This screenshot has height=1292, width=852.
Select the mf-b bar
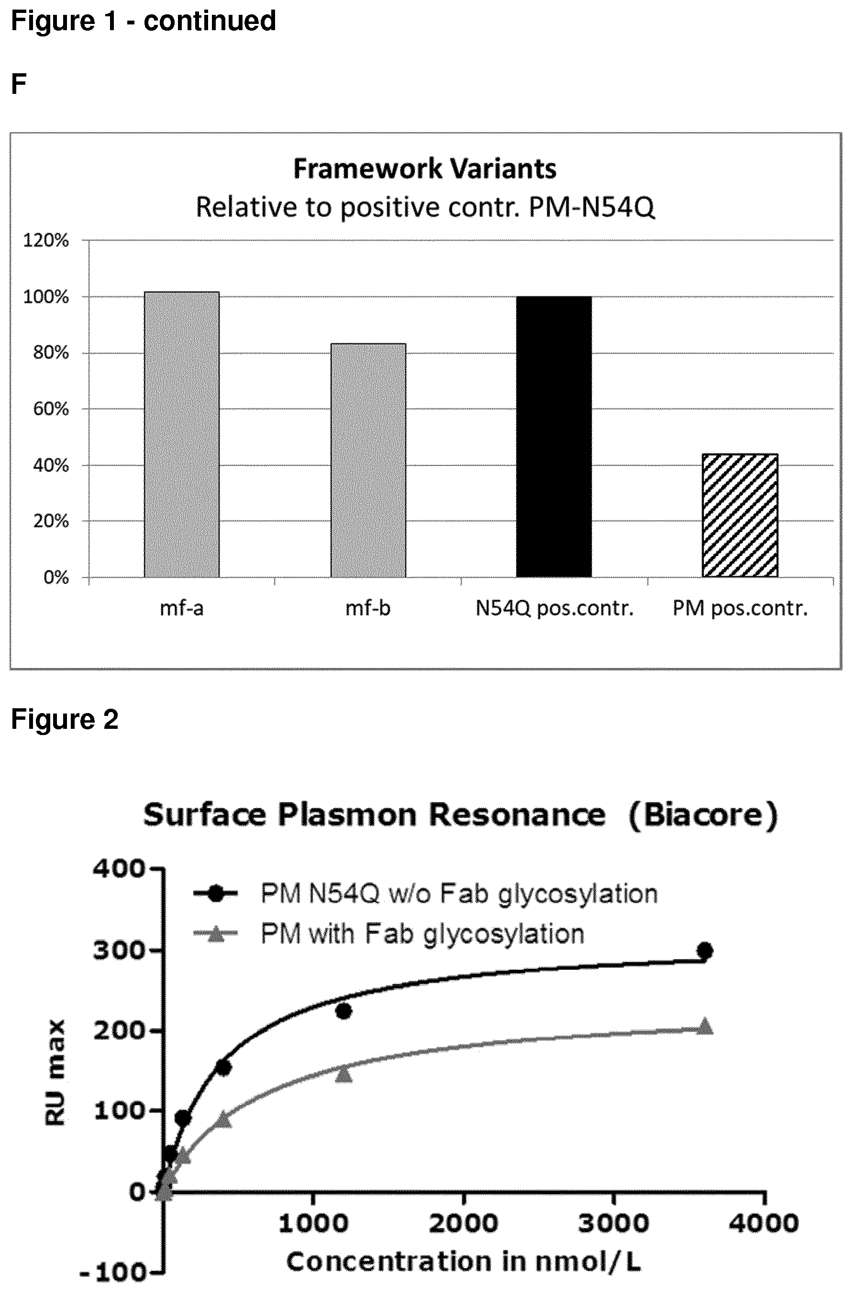click(x=368, y=460)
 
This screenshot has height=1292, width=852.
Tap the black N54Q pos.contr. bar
click(x=553, y=437)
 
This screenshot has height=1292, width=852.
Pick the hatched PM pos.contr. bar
click(x=740, y=515)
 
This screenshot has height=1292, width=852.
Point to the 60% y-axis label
click(x=51, y=409)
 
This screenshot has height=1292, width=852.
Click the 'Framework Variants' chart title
click(x=425, y=169)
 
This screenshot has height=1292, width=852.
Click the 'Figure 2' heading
click(x=65, y=719)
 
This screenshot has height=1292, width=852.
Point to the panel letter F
click(x=19, y=84)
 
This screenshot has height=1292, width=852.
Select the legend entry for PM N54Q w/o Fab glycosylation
click(x=426, y=894)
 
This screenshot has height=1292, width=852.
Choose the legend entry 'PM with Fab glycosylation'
click(x=389, y=934)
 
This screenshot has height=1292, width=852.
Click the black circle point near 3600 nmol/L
click(x=705, y=951)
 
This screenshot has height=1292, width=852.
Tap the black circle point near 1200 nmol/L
click(x=343, y=1011)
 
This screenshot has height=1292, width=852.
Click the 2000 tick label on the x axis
click(x=464, y=1224)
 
